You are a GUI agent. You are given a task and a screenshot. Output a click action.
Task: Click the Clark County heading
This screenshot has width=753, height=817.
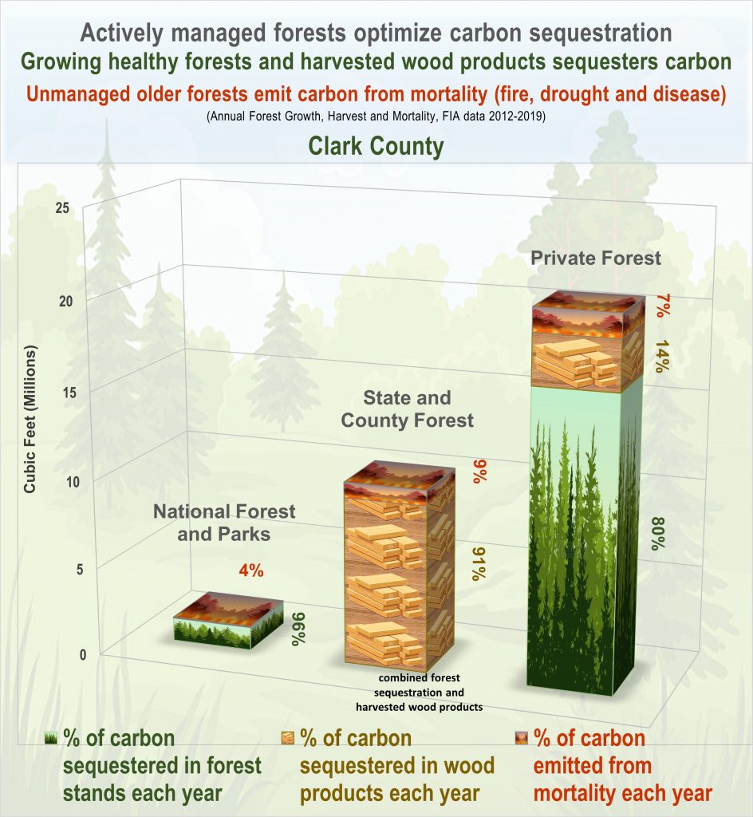pos(376,146)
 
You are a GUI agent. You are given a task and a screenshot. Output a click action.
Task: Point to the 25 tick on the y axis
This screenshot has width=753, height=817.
pos(62,208)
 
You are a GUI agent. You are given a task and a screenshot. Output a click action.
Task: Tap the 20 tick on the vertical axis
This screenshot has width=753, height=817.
pos(65,301)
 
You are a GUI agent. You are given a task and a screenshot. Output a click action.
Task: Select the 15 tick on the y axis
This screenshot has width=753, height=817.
pos(69,393)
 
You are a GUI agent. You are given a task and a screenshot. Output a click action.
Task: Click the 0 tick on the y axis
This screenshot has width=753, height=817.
pos(83,654)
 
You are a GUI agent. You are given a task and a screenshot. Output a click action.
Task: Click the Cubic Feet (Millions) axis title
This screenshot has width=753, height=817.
pos(30,419)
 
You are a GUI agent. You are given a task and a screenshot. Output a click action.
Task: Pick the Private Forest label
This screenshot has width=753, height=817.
pos(596,258)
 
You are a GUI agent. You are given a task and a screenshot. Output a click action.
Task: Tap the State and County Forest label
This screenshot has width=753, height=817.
pos(408,409)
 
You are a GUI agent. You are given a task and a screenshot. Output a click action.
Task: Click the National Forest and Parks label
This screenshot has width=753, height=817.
pos(224,523)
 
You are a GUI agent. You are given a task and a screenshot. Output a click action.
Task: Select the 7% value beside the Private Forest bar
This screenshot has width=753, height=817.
pos(663,306)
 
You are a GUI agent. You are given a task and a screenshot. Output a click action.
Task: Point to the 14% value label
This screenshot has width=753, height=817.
pos(661,357)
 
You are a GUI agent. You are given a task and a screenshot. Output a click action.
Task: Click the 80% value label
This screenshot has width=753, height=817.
pos(658,534)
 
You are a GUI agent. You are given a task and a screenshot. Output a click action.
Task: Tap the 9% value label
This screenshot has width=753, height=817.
pos(480,472)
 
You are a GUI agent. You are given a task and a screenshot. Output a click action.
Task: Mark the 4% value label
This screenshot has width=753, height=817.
pos(251,571)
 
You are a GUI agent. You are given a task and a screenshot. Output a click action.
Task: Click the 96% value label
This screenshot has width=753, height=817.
pos(299,629)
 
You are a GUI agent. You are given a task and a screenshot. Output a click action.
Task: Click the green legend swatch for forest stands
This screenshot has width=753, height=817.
pos(50,738)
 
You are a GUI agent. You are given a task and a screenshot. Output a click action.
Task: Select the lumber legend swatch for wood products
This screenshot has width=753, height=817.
pos(287,738)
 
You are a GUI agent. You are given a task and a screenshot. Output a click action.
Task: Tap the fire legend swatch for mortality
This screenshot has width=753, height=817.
pos(521,738)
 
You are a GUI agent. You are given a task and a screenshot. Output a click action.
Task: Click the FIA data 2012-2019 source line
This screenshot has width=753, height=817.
pos(376,116)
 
